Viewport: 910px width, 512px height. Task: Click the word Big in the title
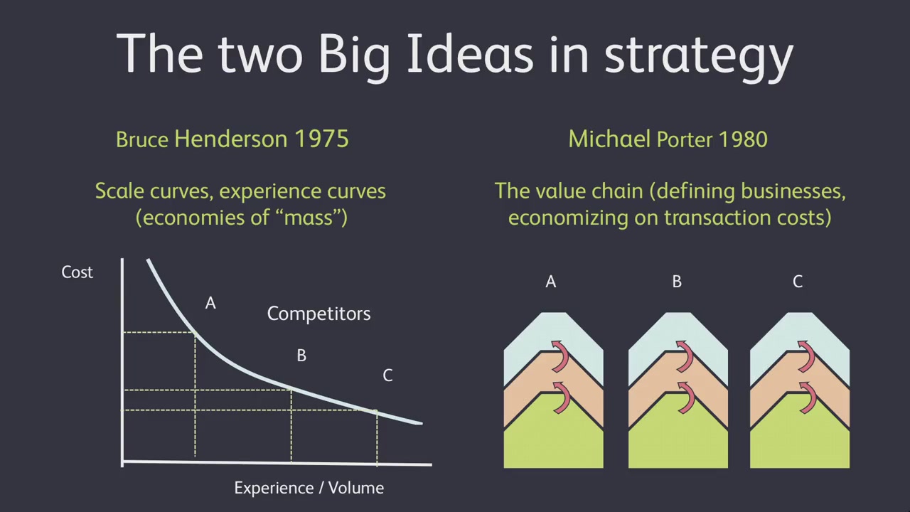(x=354, y=56)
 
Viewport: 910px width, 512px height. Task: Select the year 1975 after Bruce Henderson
(x=321, y=139)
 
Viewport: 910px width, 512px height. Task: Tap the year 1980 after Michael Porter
(x=743, y=139)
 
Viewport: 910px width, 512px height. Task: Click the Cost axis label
(x=77, y=272)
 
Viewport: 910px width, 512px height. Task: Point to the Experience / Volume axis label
(x=309, y=488)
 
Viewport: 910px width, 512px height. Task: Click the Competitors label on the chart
(x=318, y=314)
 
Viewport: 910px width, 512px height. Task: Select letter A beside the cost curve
(x=210, y=303)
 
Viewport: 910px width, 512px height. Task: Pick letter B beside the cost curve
(x=301, y=356)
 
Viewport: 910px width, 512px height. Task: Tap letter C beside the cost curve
(x=387, y=375)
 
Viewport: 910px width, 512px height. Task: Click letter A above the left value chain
(x=550, y=281)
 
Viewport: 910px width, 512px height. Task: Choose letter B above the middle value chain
(x=677, y=281)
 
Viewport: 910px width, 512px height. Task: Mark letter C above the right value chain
(x=798, y=281)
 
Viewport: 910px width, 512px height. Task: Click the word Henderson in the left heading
(x=231, y=139)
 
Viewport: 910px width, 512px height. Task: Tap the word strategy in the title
(x=699, y=57)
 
